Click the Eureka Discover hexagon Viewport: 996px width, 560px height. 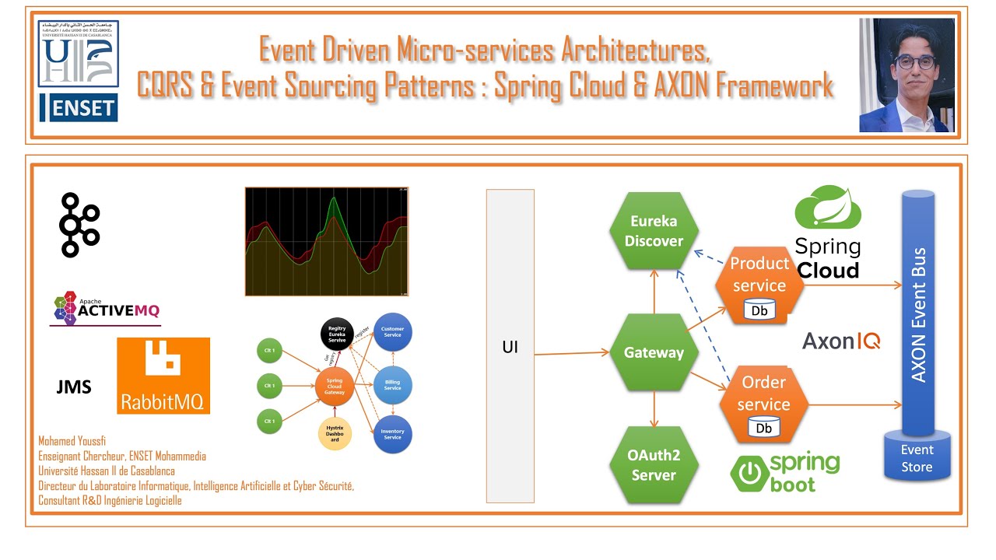654,231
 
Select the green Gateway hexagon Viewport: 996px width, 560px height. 654,352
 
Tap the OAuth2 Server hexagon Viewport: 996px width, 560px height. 654,465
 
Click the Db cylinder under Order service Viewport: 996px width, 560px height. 764,428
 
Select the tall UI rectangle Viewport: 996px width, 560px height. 510,346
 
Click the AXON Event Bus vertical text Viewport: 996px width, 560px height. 918,315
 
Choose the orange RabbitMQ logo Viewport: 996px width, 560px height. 163,376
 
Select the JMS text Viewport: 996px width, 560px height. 74,387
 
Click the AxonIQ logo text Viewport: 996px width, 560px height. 841,341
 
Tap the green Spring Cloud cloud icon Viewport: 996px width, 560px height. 828,208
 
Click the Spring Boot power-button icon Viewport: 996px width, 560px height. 749,471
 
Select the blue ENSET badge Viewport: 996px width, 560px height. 79,107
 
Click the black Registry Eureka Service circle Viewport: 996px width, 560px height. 337,334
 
